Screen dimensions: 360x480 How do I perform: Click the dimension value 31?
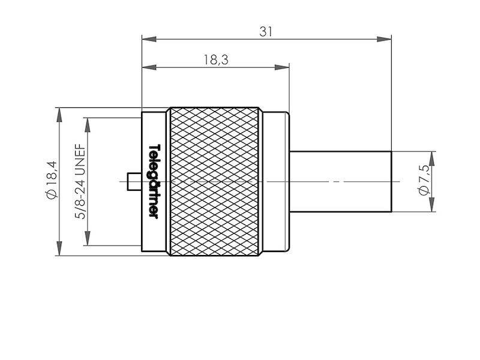point(266,32)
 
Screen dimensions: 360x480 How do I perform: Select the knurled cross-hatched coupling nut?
point(215,181)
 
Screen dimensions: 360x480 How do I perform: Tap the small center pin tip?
point(133,181)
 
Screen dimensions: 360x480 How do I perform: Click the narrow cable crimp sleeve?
point(340,181)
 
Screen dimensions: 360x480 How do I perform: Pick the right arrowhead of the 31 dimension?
point(385,40)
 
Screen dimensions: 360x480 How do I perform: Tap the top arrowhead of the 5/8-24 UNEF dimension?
point(88,124)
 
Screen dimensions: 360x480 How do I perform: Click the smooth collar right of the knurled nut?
point(275,181)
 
